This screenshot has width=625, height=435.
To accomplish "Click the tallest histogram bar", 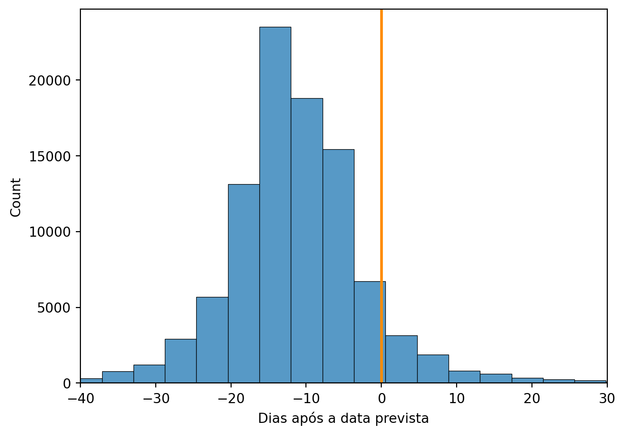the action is [x=275, y=204].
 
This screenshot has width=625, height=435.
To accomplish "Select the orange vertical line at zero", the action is [x=381, y=196].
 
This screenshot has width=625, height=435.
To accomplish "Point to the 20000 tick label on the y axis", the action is [x=50, y=81].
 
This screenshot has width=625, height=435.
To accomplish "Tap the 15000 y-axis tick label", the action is [x=50, y=156].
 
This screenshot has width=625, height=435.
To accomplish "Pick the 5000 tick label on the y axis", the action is [x=54, y=308].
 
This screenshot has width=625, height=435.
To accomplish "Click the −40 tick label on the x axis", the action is [x=81, y=399].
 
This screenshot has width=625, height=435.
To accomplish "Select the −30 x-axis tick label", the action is [x=156, y=399].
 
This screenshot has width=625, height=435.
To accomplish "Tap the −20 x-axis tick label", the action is [x=231, y=399].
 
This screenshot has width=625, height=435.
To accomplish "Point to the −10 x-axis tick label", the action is [x=306, y=399].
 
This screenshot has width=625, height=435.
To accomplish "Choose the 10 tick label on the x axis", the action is [x=457, y=399].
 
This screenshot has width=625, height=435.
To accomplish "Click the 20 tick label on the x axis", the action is [x=532, y=399].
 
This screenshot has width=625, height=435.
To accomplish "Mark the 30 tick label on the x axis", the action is [x=607, y=399].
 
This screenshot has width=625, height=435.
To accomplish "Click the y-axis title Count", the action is [x=16, y=197].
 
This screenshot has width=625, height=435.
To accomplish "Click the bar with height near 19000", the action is [x=307, y=240].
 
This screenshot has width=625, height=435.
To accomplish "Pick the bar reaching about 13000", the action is [x=244, y=283].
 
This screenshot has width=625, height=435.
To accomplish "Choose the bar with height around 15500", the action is [x=338, y=266].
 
